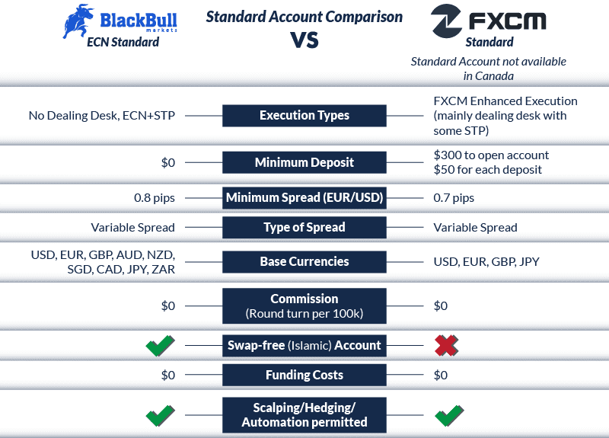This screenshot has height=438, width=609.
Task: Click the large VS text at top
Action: coord(304,40)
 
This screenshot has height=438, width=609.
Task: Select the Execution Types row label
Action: coord(304,116)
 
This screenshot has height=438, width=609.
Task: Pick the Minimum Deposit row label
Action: coord(304,162)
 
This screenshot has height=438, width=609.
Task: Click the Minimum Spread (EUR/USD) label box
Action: coord(304,198)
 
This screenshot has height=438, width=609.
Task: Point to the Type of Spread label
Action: coord(304,227)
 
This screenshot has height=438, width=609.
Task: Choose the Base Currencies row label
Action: coord(304,261)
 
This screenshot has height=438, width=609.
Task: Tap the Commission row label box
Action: coord(304,305)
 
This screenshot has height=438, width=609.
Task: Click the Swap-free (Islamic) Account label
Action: coord(304,345)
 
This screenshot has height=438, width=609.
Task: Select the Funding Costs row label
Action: coord(304,375)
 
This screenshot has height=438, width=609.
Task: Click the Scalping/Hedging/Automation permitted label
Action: coord(304,415)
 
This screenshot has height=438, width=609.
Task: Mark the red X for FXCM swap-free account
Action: coord(446,346)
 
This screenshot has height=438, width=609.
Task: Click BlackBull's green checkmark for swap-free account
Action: coord(160,346)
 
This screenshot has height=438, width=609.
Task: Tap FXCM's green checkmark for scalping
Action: coord(448,416)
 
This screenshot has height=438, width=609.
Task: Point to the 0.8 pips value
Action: coord(155,198)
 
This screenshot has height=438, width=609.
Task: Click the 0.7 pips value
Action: coord(454,198)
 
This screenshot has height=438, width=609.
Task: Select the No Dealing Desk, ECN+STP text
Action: coord(102,116)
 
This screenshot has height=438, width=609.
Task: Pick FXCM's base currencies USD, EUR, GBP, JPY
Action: coord(486,262)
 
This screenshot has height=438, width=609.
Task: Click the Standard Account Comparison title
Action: coord(304,16)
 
